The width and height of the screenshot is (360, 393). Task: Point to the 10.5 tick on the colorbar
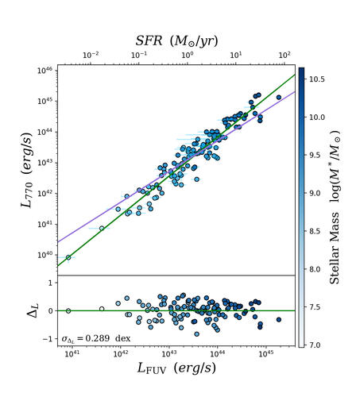[315, 79]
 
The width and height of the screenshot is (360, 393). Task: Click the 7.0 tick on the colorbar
[314, 345]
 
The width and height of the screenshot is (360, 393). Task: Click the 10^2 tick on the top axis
[284, 55]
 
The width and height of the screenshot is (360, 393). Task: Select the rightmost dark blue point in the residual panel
[278, 319]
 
